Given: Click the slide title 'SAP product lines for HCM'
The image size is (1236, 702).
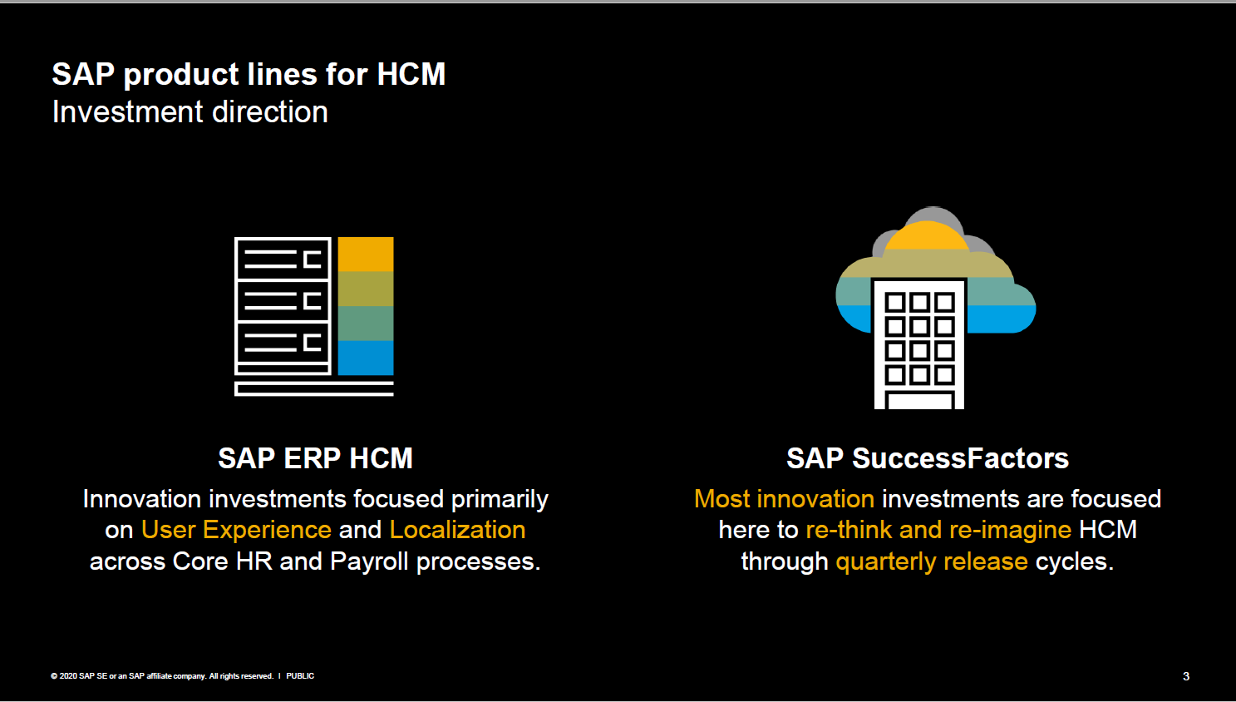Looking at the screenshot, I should (249, 74).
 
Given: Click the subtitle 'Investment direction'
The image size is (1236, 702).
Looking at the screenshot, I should (190, 112).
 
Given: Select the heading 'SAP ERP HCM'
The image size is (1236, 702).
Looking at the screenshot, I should (315, 458).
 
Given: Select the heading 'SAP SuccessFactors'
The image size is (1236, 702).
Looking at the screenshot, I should (927, 458).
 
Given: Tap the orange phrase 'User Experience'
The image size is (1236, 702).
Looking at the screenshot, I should (236, 530).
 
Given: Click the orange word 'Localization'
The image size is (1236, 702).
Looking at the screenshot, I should (457, 530).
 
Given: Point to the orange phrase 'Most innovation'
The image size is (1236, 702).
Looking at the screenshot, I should (784, 499).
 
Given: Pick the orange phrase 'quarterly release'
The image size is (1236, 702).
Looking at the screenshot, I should (931, 561).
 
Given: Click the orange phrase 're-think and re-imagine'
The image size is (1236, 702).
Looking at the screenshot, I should (938, 530).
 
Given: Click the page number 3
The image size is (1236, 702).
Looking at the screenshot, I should (1186, 676).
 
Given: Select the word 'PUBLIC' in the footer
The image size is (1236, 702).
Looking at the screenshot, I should (300, 676).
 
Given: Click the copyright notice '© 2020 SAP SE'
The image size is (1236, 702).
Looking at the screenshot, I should (80, 676).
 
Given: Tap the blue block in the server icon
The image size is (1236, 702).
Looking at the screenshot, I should (366, 358).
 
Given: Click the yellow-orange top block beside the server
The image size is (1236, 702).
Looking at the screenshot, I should (366, 255).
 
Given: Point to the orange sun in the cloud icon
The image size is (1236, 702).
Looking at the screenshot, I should (927, 237).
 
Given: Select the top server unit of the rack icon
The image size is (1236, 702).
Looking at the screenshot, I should (283, 259).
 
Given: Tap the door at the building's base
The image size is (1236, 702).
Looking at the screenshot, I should (919, 401).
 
